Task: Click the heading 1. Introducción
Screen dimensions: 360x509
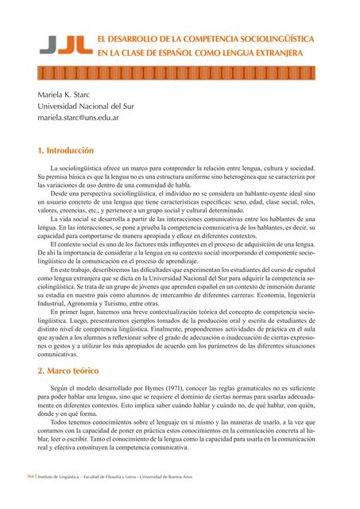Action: (x=66, y=150)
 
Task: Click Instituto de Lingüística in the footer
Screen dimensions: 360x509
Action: (x=47, y=498)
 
